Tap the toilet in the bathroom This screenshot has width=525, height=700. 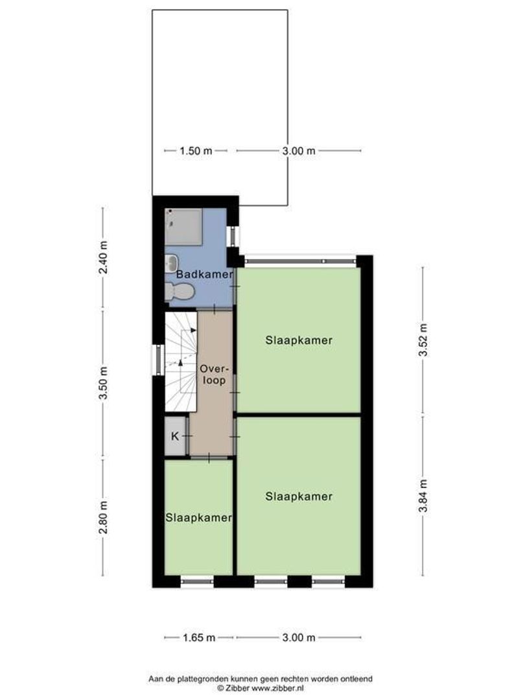pyautogui.click(x=178, y=292)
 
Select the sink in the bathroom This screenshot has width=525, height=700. pyautogui.click(x=172, y=262)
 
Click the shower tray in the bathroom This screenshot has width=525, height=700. pyautogui.click(x=185, y=226)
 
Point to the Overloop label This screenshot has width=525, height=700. pyautogui.click(x=213, y=374)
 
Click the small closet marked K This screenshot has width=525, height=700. pyautogui.click(x=175, y=436)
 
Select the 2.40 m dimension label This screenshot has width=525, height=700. pyautogui.click(x=103, y=257)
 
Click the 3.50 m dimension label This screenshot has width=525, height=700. pyautogui.click(x=103, y=384)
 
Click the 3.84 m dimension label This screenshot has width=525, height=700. pyautogui.click(x=423, y=496)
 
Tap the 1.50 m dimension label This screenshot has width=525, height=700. pyautogui.click(x=196, y=150)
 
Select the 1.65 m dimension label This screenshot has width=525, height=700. pyautogui.click(x=200, y=638)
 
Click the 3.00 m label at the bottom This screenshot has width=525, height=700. pyautogui.click(x=299, y=638)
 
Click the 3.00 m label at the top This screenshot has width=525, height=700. pyautogui.click(x=299, y=150)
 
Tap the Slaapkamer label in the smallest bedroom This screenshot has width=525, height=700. pyautogui.click(x=198, y=518)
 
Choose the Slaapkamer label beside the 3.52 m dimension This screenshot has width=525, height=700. pyautogui.click(x=299, y=340)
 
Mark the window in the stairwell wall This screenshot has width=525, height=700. pyautogui.click(x=156, y=360)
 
